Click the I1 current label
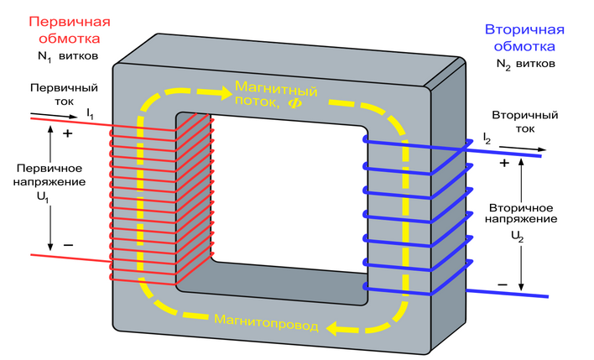91,112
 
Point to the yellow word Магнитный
272,86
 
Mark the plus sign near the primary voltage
68,133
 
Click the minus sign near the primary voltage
68,246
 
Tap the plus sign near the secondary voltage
504,163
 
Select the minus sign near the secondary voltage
503,284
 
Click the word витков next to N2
538,64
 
